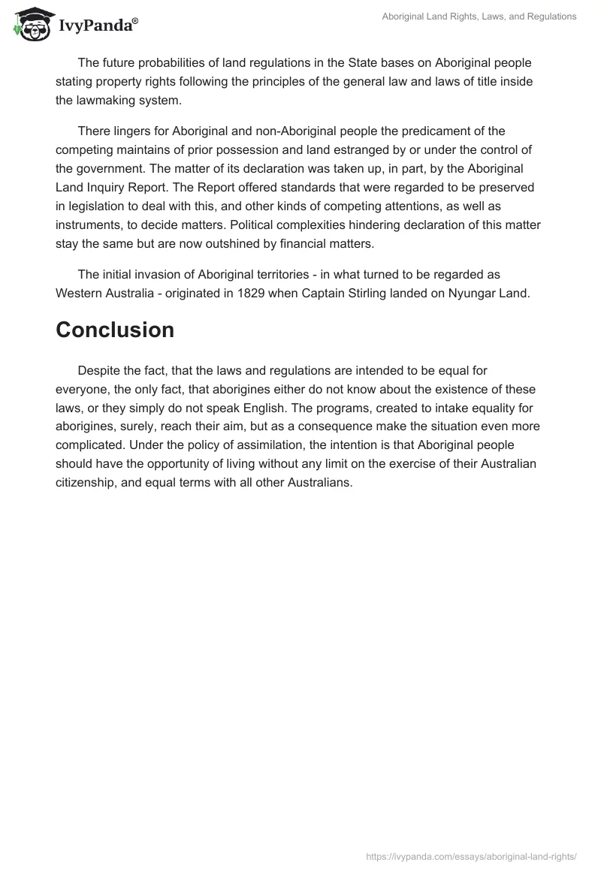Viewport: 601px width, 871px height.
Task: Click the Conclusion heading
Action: [115, 330]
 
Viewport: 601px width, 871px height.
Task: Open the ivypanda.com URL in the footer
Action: [471, 855]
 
